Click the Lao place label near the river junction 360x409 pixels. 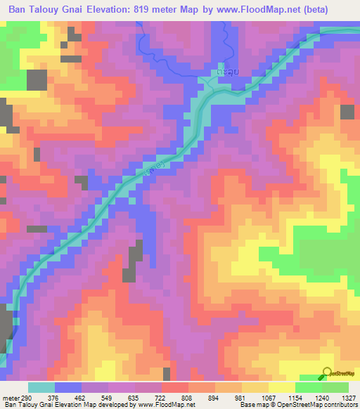point(218,73)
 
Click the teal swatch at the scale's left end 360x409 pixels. point(41,387)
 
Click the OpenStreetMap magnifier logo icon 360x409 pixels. point(326,373)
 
